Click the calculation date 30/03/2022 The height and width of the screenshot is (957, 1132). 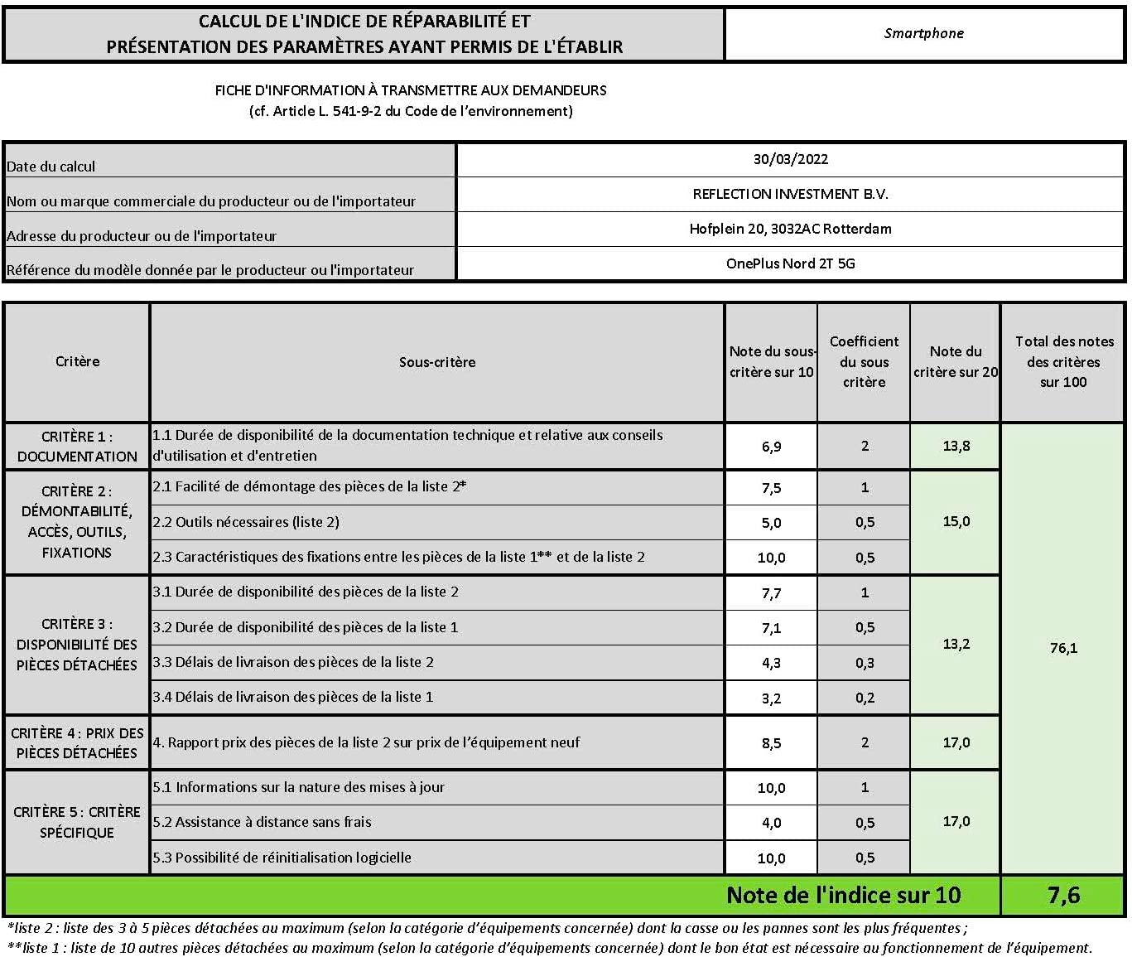coord(790,159)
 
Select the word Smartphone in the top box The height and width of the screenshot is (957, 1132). coord(923,34)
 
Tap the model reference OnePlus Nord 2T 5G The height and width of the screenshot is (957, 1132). coord(790,263)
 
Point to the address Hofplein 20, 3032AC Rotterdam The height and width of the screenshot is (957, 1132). coord(790,229)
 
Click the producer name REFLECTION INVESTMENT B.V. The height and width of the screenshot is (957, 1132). coord(790,194)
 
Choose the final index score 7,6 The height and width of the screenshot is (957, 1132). coord(1063,895)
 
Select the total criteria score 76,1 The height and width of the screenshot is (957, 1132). coord(1063,648)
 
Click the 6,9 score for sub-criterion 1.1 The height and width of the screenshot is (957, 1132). coord(771,447)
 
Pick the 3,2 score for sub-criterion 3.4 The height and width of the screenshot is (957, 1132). coord(771,698)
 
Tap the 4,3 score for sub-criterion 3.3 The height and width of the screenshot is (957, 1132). coord(771,663)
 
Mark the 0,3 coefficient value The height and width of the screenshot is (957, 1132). coord(865,663)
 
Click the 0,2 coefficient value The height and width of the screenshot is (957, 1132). coord(865,698)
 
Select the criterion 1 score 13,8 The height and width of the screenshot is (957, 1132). coord(956,446)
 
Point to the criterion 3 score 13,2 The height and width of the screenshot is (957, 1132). coord(956,644)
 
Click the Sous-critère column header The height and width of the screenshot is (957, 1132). coord(437,362)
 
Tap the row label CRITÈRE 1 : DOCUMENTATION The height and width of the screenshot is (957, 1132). coord(77,447)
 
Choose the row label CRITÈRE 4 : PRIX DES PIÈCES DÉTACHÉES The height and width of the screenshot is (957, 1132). coord(77,743)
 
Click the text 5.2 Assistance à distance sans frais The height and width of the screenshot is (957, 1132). coord(263,822)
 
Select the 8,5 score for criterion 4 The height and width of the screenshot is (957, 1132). coord(771,743)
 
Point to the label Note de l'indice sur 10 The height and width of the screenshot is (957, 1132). coord(843,895)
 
